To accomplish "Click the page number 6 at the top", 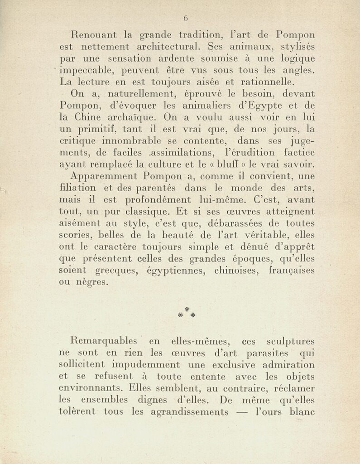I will click(x=186, y=19).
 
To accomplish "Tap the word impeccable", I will click(x=87, y=71).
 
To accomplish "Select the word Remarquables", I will click(x=107, y=341).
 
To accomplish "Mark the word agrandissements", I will click(x=189, y=412).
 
